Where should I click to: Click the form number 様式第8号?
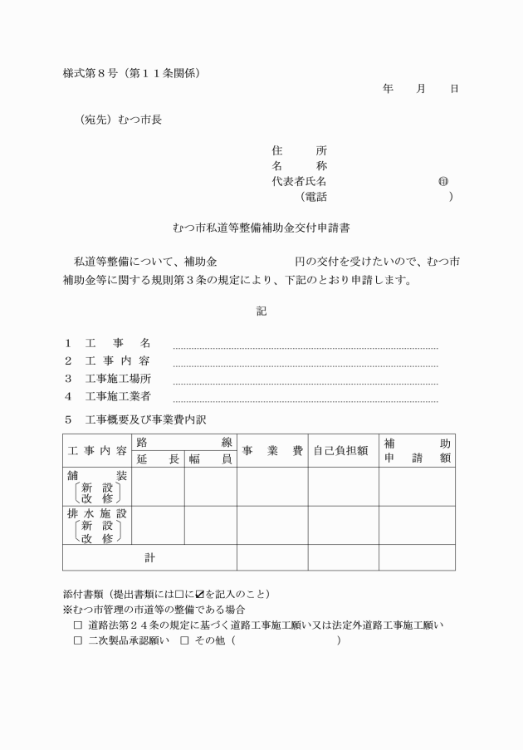90,73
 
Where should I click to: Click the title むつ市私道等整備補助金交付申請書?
261,227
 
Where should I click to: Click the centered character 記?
261,311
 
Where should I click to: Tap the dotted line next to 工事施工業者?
305,400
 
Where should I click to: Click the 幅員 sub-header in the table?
210,458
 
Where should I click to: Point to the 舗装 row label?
97,476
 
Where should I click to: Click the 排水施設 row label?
97,513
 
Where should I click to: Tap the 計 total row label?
149,558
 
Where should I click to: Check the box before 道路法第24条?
78,625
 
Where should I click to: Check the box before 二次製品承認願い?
78,641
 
